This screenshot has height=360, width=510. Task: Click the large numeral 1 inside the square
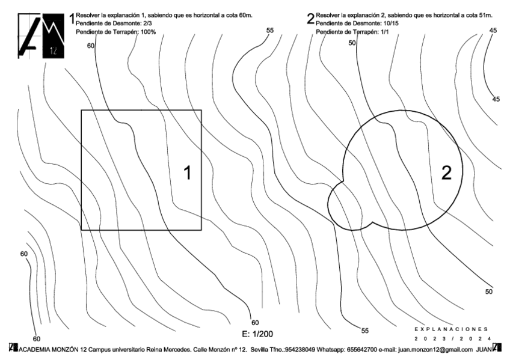coord(187,173)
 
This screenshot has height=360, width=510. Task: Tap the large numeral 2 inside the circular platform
coord(446,173)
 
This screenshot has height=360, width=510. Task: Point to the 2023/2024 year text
coord(453,339)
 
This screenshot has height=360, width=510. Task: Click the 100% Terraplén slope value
coord(146,31)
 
